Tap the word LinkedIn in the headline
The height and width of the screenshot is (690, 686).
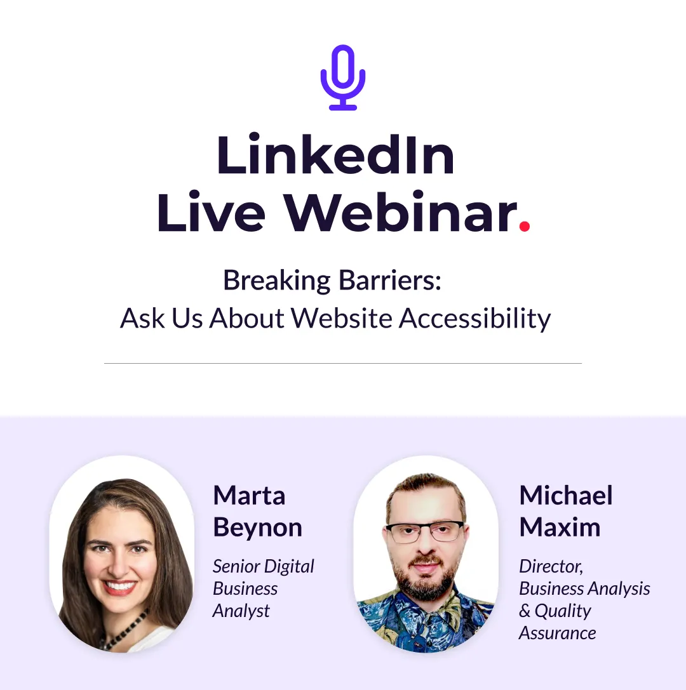pos(335,155)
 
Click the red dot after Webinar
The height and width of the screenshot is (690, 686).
pos(524,226)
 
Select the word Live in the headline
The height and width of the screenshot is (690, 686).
pos(211,211)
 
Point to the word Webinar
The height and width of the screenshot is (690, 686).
pos(400,211)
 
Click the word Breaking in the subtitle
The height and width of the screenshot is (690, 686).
pos(276,281)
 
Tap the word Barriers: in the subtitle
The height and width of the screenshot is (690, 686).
pos(389,280)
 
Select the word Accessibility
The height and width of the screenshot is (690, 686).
pos(474,318)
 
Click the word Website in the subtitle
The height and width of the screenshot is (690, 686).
pos(341,318)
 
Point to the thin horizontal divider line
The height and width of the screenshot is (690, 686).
pos(343,364)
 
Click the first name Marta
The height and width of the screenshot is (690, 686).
pos(249,496)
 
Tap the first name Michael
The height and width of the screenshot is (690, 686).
pos(566,495)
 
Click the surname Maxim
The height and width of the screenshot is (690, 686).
pos(560,527)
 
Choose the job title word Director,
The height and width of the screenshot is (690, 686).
pos(551,566)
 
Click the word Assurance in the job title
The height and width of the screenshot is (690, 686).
pos(558,634)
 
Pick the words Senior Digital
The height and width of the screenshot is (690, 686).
pos(264,567)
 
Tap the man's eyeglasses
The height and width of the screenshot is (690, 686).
pos(425,532)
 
